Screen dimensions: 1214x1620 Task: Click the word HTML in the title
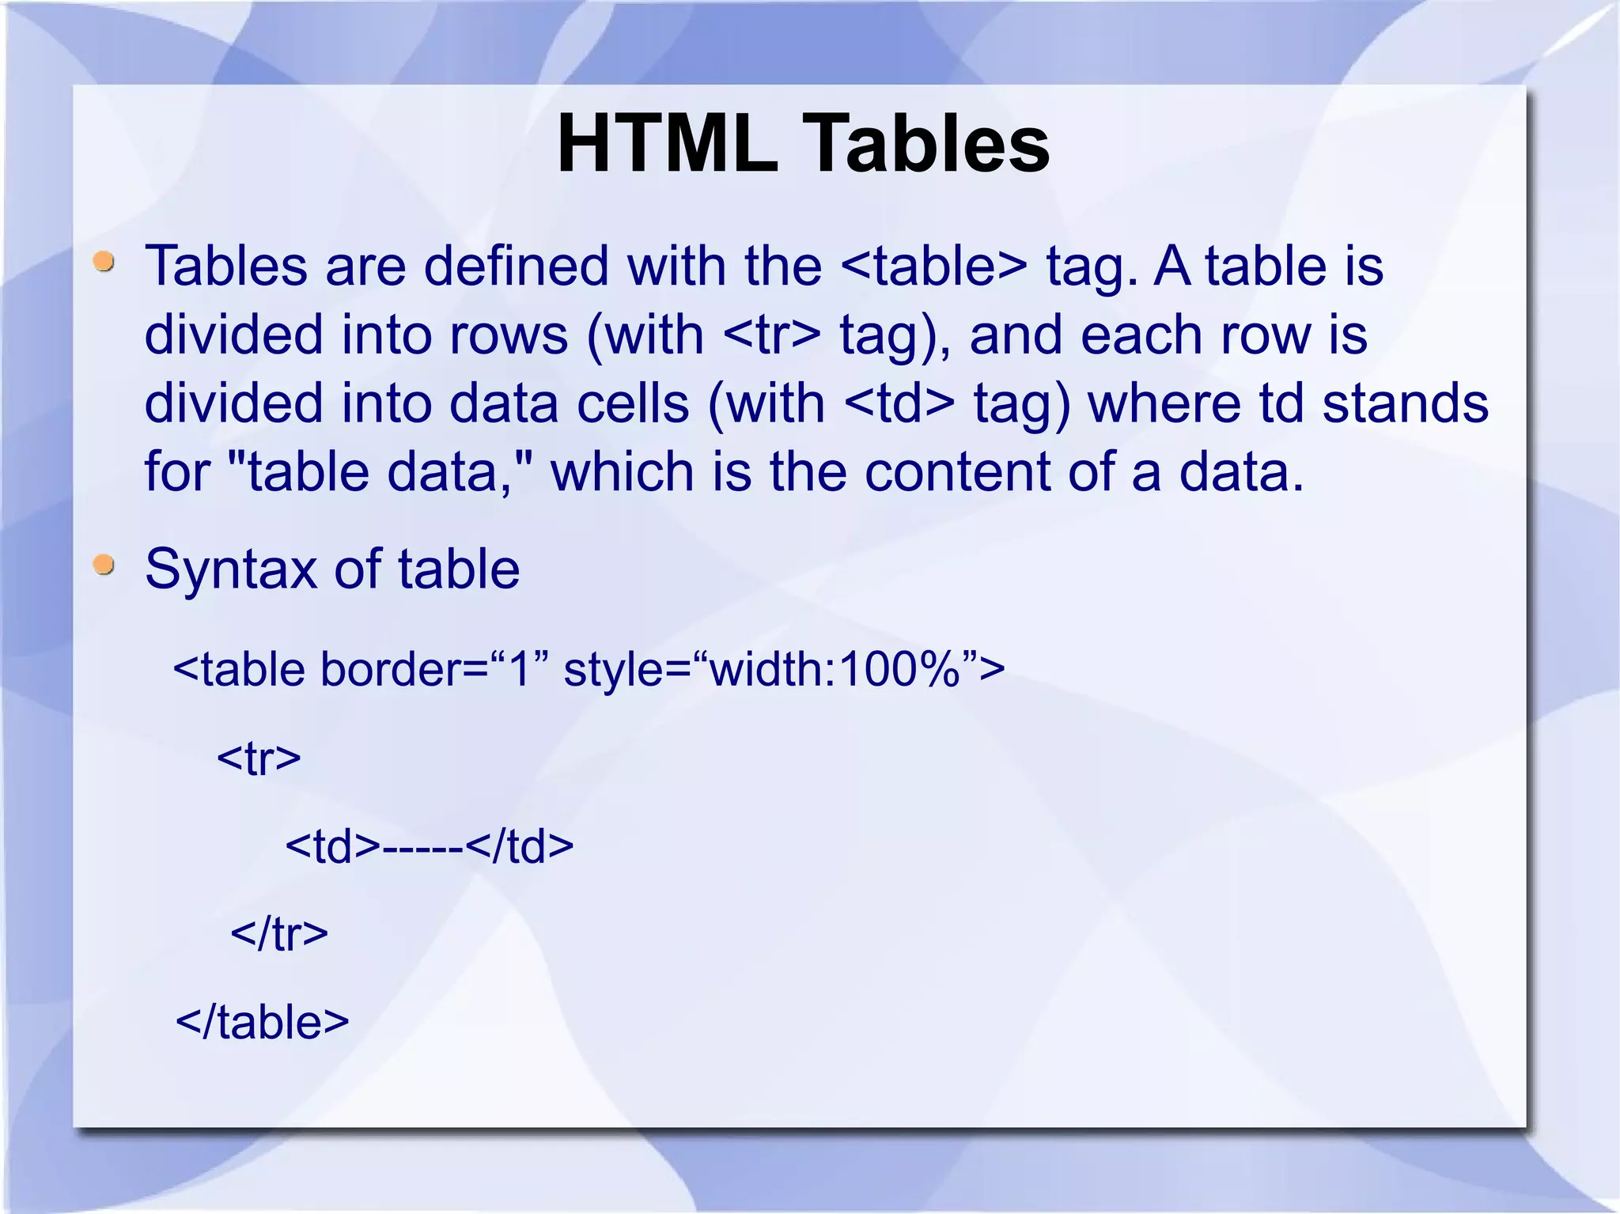pos(667,144)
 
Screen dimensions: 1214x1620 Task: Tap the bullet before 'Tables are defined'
pos(104,262)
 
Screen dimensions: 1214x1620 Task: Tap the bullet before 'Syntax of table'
pos(104,565)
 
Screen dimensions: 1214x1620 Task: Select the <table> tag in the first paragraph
pos(933,266)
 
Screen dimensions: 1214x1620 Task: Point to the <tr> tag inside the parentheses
pos(771,335)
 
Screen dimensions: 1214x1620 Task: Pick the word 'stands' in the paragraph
pos(1406,403)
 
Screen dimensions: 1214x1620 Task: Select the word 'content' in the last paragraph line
pos(957,472)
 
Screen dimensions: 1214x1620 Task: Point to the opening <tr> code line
pos(259,758)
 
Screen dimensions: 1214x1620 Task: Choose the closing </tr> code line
pos(278,934)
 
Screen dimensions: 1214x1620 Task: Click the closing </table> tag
pos(262,1022)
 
